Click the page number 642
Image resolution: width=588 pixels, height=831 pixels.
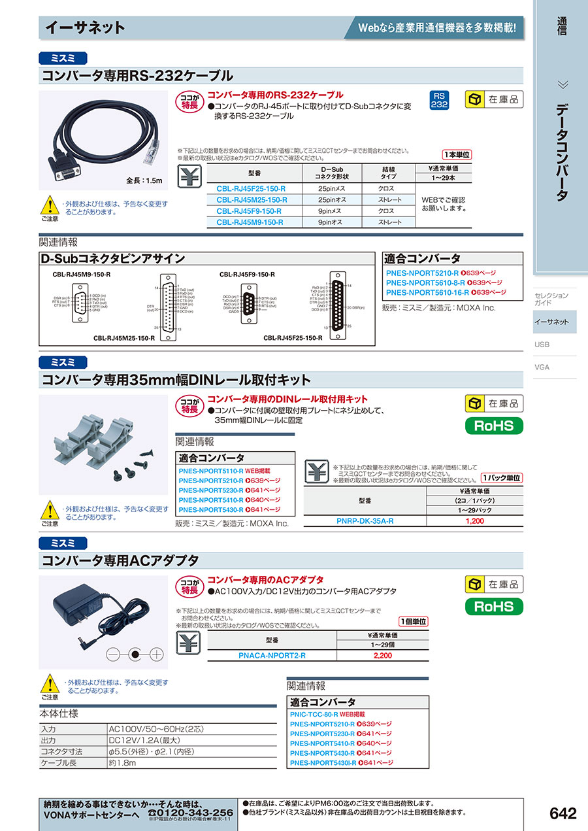[x=563, y=813]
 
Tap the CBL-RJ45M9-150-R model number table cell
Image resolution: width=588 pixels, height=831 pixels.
[x=251, y=222]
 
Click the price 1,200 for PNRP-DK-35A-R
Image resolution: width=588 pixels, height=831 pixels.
[x=474, y=521]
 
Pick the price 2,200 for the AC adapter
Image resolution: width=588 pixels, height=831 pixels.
[x=382, y=655]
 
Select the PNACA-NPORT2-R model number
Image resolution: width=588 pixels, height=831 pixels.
[x=272, y=655]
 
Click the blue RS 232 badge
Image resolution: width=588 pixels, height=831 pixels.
[x=440, y=100]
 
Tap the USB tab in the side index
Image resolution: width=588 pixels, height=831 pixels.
[x=542, y=345]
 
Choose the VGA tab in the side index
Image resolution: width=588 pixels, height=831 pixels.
[x=542, y=367]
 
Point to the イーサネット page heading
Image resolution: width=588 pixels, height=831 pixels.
[x=85, y=27]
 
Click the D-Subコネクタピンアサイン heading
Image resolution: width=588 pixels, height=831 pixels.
[x=113, y=259]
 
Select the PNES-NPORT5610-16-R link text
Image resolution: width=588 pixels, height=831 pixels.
[x=423, y=292]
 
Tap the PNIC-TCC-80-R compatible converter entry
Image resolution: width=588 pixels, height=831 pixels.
[x=314, y=715]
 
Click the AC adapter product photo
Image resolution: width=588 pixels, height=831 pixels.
[x=103, y=621]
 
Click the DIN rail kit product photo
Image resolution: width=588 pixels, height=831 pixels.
[x=103, y=445]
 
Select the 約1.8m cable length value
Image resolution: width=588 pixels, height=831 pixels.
[x=123, y=763]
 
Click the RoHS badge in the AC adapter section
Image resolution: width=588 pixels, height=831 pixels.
[x=494, y=607]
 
